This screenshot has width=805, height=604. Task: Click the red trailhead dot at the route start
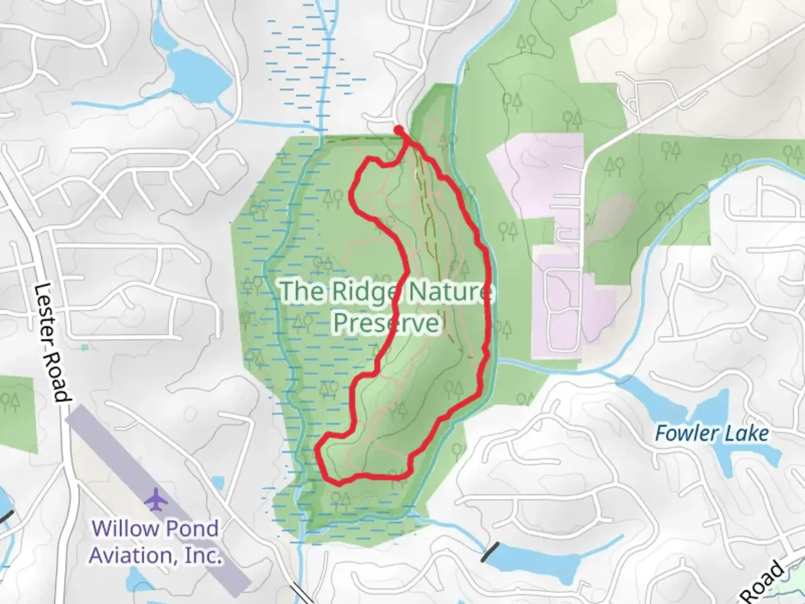(x=399, y=130)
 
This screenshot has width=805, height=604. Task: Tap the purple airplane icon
(x=157, y=499)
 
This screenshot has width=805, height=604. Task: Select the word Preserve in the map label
(x=386, y=323)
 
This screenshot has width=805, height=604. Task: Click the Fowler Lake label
(x=711, y=433)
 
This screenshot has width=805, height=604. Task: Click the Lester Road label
(x=53, y=342)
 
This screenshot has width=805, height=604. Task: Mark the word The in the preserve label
(x=302, y=291)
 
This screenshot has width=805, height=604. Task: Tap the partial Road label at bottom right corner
(x=767, y=584)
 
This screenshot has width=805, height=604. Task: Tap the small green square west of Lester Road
(x=84, y=347)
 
